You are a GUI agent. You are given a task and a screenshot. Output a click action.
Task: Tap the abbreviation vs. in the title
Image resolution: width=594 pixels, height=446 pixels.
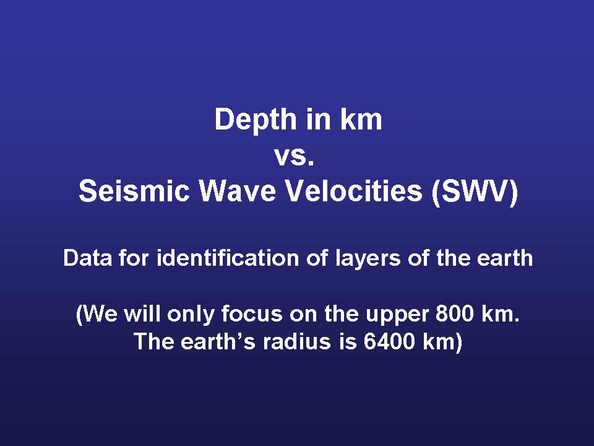[x=295, y=157]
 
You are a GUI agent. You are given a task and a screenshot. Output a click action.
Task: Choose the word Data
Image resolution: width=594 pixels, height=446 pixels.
[x=87, y=258]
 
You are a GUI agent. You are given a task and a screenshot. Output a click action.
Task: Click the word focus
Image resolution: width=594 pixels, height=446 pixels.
[x=252, y=313]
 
